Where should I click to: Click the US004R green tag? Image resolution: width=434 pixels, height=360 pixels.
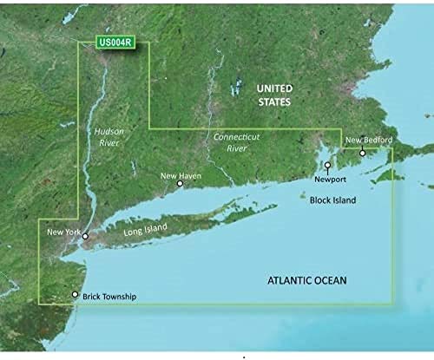pyautogui.click(x=115, y=43)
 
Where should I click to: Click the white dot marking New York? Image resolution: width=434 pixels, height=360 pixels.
pyautogui.click(x=85, y=236)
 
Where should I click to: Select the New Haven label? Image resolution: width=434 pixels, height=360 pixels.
pyautogui.click(x=180, y=175)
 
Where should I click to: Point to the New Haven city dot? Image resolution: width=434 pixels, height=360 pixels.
pyautogui.click(x=180, y=184)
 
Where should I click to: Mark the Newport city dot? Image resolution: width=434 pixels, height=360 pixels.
pyautogui.click(x=328, y=165)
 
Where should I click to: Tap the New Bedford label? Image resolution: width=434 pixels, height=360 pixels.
pyautogui.click(x=369, y=141)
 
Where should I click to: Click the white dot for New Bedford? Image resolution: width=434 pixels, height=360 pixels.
pyautogui.click(x=363, y=153)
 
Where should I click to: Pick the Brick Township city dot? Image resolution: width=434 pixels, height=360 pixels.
pyautogui.click(x=76, y=296)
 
